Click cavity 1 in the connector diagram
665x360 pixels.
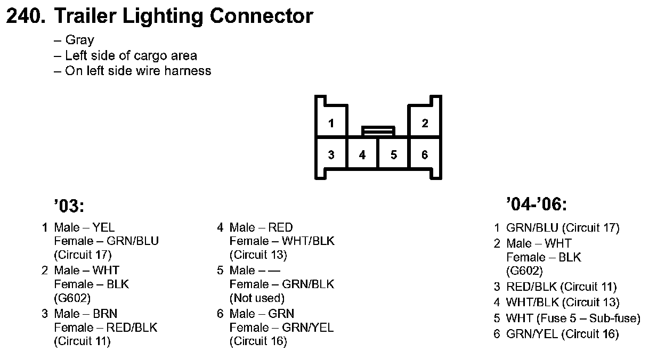[x=331, y=124]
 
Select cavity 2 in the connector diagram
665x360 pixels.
[x=425, y=124]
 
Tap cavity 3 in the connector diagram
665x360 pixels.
[x=331, y=155]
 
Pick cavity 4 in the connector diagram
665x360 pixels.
[x=362, y=155]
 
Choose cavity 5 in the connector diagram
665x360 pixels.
[x=393, y=155]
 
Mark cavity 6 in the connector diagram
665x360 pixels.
[x=425, y=155]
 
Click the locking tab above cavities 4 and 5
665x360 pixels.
[x=378, y=130]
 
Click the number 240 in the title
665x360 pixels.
[x=25, y=17]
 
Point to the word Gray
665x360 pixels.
[x=79, y=40]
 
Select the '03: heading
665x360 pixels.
[x=69, y=205]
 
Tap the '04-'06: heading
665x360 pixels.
[x=536, y=204]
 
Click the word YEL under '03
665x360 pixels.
[x=103, y=227]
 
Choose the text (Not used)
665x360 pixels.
[x=257, y=298]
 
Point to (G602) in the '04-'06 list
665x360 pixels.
[x=525, y=271]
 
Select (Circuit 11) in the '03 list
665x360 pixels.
[x=82, y=341]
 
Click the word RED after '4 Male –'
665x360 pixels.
[x=280, y=227]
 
